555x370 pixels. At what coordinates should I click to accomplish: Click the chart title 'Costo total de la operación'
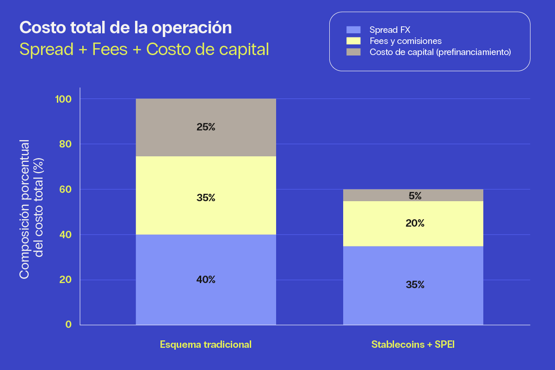click(125, 28)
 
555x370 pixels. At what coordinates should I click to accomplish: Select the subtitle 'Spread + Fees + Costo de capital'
click(144, 49)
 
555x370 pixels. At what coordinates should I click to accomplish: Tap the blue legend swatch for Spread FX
click(353, 30)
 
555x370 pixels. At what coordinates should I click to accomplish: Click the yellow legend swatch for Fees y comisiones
click(353, 41)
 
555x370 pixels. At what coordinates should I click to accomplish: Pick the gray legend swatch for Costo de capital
click(353, 52)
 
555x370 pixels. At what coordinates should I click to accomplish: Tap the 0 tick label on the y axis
click(69, 325)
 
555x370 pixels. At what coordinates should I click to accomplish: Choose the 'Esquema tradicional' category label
click(206, 345)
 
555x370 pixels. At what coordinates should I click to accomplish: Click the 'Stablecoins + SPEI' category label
click(413, 345)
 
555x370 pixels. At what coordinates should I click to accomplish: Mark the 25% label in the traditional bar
click(206, 127)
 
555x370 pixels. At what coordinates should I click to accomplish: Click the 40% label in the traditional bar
click(206, 280)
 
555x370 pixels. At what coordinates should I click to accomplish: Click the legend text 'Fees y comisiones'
click(406, 41)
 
